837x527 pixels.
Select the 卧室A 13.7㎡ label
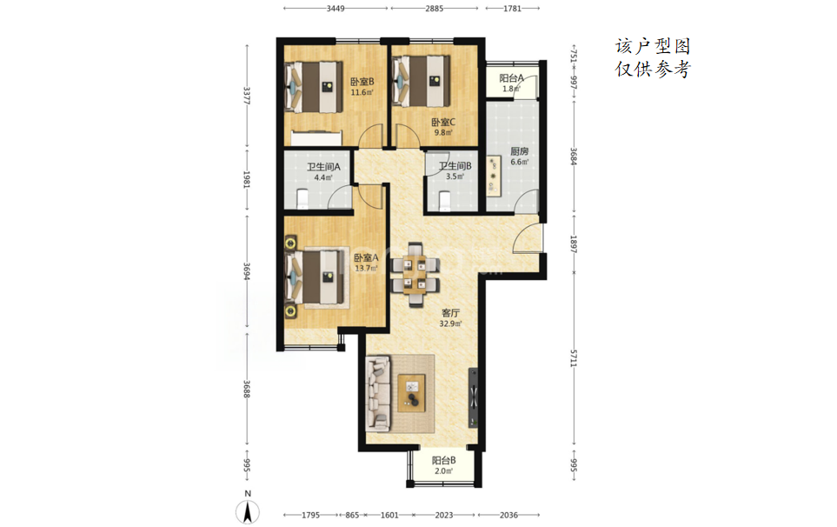[x=366, y=263]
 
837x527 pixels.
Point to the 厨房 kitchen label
[x=520, y=157]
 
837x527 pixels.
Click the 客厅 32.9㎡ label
[x=450, y=317]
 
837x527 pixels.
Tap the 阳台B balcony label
[x=443, y=465]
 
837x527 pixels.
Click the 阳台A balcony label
[x=511, y=83]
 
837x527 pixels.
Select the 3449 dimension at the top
[x=335, y=8]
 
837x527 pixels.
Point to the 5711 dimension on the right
[x=574, y=358]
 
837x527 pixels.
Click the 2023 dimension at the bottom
[x=444, y=515]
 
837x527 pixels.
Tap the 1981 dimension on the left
[x=247, y=179]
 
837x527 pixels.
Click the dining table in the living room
[x=415, y=275]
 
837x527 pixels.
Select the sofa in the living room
[x=378, y=394]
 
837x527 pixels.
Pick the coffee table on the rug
[x=412, y=393]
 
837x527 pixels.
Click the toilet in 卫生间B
[x=445, y=201]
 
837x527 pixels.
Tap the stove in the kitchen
[x=493, y=174]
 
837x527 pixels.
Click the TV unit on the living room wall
[x=473, y=397]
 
